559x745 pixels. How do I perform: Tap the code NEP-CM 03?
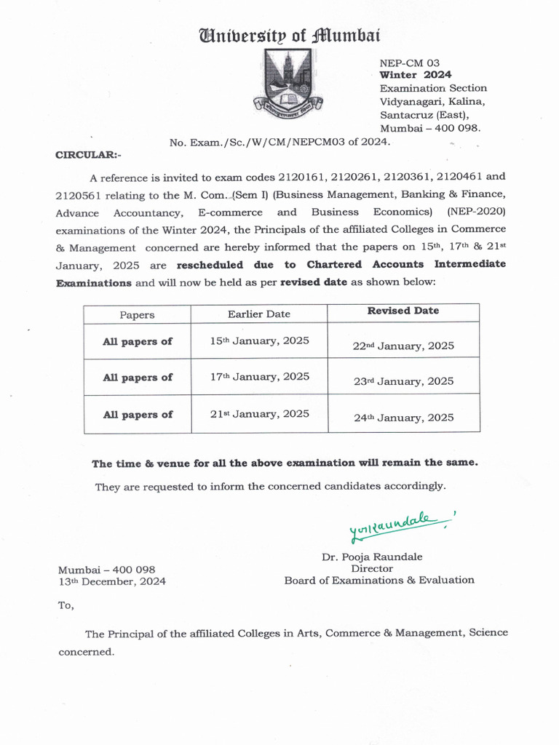click(408, 63)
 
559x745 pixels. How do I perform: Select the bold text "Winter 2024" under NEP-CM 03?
click(415, 75)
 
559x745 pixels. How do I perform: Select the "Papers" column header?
click(137, 315)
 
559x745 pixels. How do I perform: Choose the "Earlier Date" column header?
click(258, 314)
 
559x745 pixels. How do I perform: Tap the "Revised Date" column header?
click(403, 311)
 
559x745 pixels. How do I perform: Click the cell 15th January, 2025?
click(259, 341)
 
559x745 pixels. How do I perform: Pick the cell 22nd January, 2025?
click(403, 346)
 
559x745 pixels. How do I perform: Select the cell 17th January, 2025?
click(259, 377)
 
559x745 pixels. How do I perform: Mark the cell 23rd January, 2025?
click(403, 381)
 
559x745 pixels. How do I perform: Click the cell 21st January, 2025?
click(259, 414)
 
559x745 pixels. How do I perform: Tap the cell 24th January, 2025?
click(403, 418)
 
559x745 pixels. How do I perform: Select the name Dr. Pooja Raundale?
click(372, 557)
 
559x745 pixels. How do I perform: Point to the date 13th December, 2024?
click(112, 581)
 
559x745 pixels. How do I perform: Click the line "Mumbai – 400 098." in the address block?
click(430, 128)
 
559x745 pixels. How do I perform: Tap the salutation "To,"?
click(66, 605)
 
